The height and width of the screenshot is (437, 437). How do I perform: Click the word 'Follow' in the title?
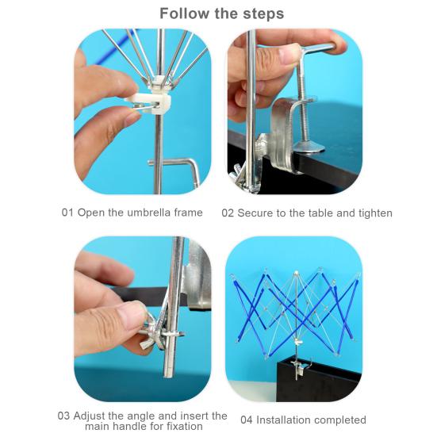184,13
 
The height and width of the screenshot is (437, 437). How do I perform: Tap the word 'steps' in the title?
263,14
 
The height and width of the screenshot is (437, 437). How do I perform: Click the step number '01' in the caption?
67,213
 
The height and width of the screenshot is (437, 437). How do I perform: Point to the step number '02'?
228,213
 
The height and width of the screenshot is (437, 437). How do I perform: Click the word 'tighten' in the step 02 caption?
375,213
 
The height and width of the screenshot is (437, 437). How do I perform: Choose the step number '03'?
63,416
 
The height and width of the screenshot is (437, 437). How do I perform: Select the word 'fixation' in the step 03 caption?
185,426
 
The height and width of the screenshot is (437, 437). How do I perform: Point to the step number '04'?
247,420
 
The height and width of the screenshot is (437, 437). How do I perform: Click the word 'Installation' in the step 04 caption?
287,420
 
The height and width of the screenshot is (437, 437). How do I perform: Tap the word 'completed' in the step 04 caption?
343,420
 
